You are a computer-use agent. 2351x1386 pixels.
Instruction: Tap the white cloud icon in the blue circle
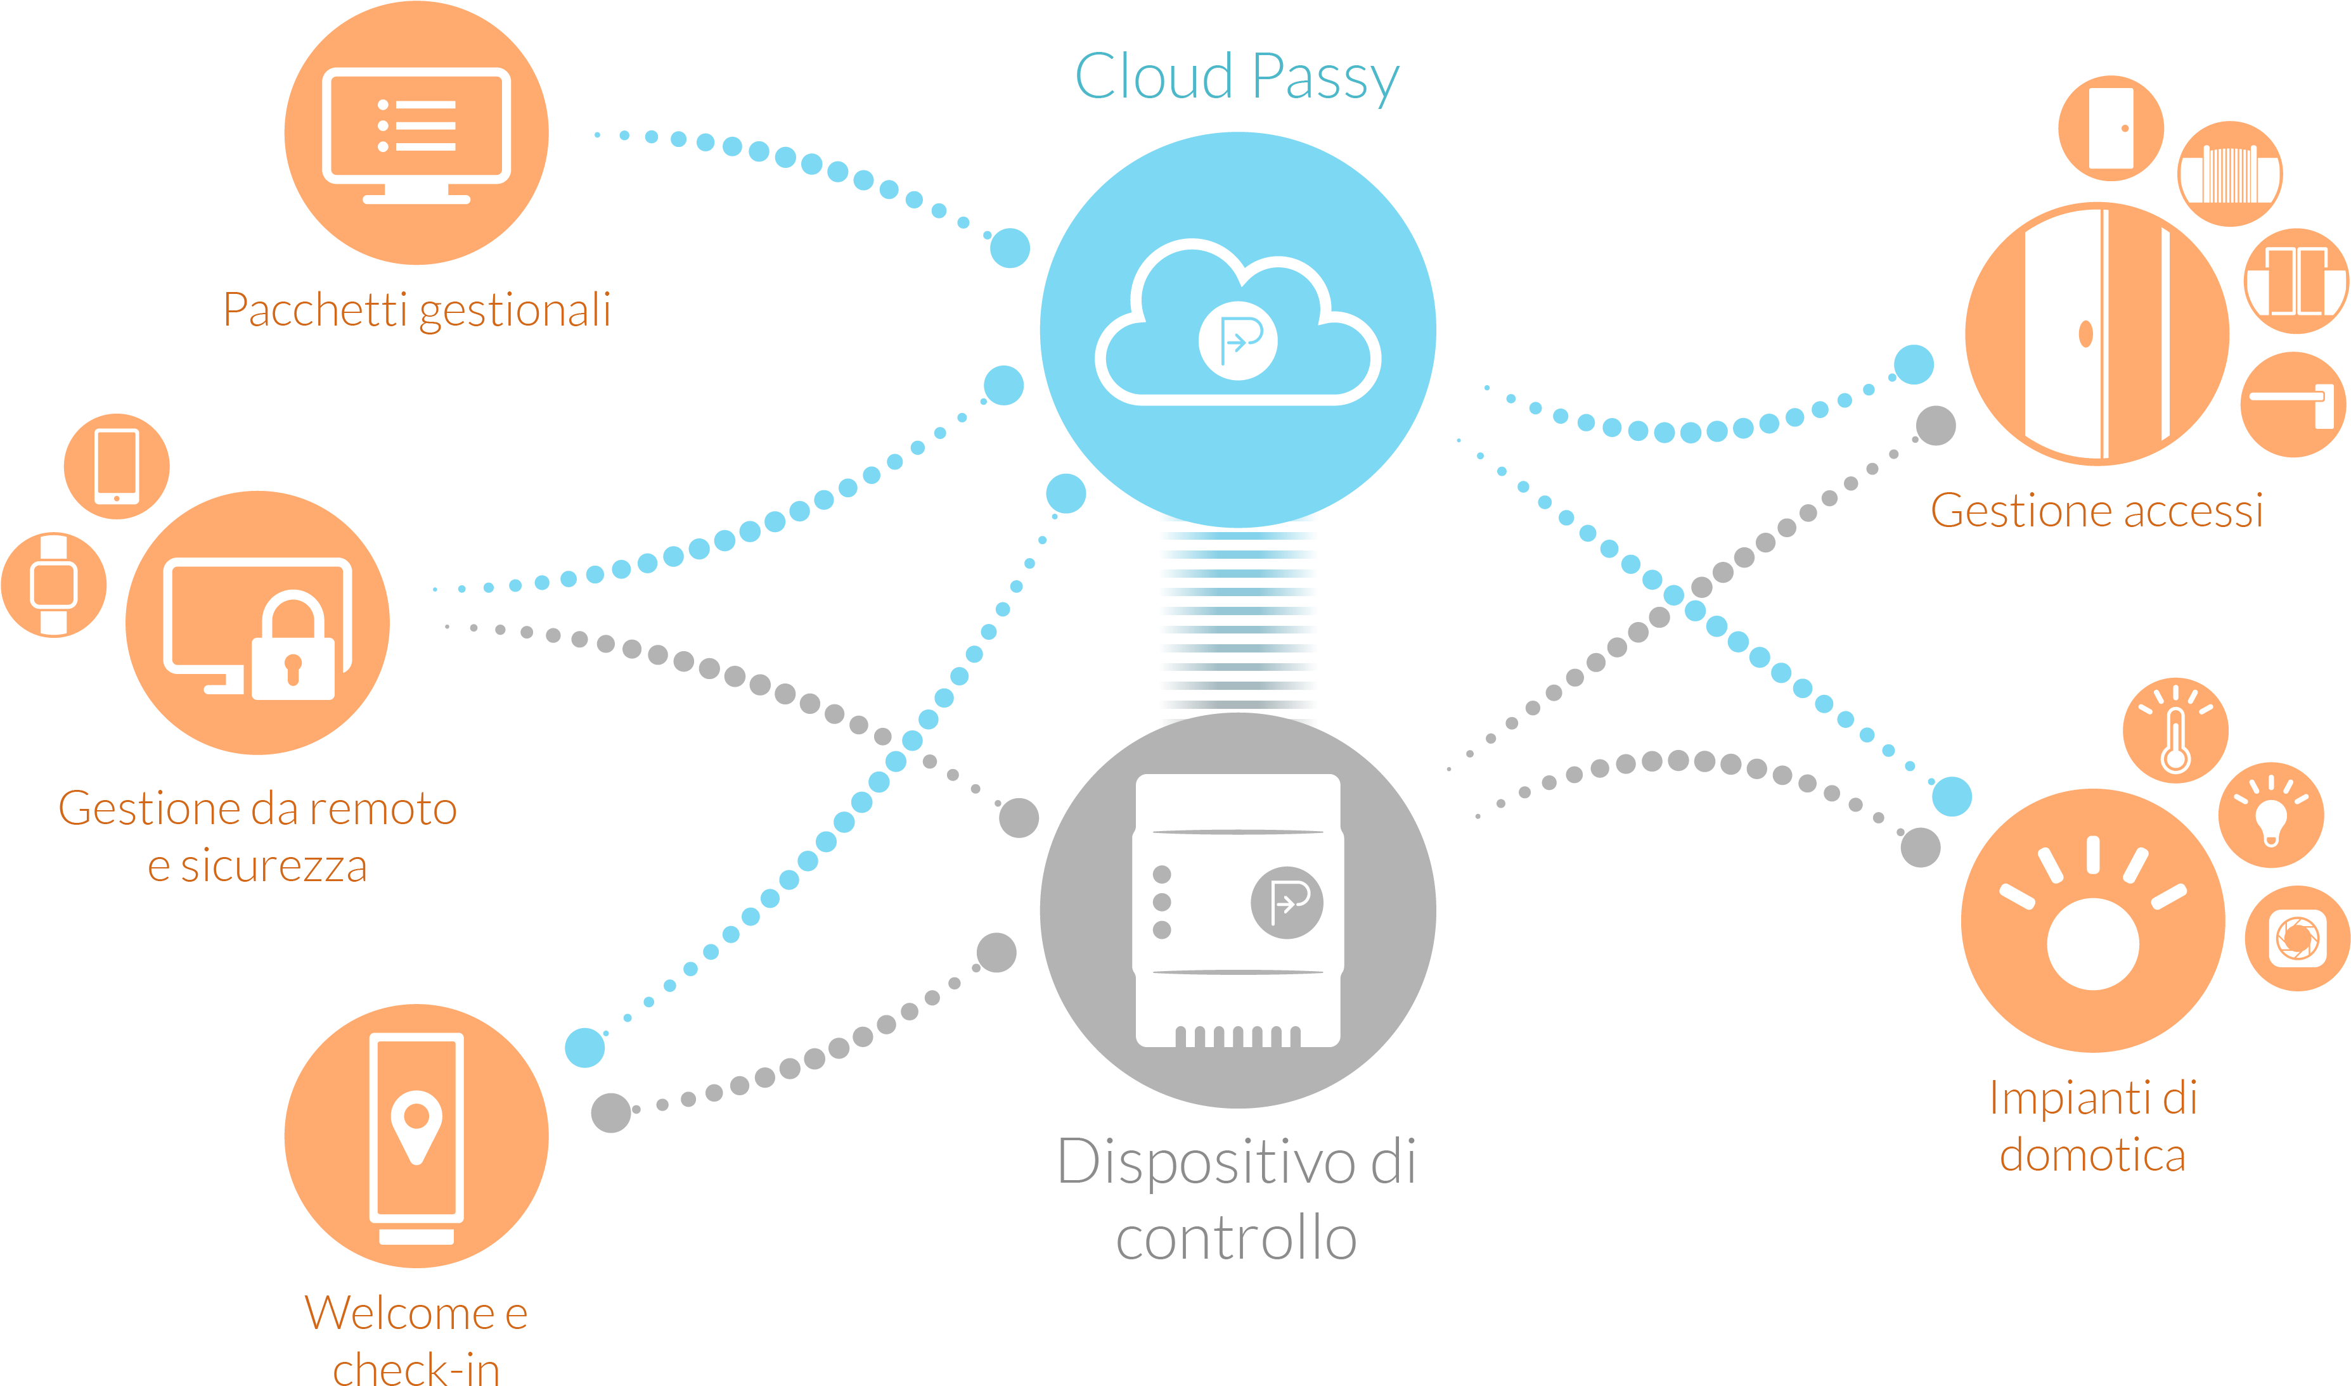coord(1237,323)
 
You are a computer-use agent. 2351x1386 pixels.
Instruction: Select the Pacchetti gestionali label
coord(416,310)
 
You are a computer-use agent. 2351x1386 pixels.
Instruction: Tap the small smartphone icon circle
coord(117,466)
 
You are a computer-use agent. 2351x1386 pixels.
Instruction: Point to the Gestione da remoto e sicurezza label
coord(258,837)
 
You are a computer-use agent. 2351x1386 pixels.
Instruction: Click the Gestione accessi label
coord(2097,511)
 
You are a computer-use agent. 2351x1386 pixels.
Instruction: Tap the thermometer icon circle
coord(2175,730)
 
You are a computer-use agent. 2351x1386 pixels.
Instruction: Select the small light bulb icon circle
coord(2270,815)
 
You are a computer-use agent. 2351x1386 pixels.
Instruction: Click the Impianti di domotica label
coord(2093,1126)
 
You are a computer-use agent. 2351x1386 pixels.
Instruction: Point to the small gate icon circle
coord(2229,174)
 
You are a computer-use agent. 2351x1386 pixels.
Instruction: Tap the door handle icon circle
coord(2293,404)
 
